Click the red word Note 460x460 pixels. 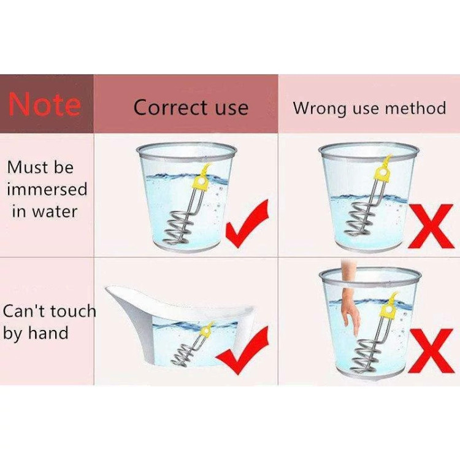(x=45, y=103)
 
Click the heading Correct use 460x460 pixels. (x=191, y=107)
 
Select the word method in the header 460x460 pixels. (x=415, y=107)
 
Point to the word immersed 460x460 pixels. (x=47, y=189)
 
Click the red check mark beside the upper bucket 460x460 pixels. (x=247, y=223)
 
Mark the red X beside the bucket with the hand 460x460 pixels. (x=431, y=351)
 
